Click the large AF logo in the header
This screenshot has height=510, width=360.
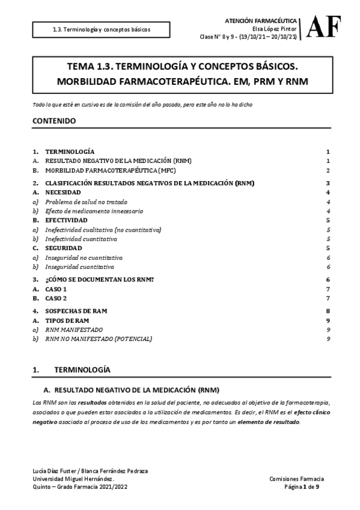point(325,26)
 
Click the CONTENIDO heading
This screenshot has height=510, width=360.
point(54,121)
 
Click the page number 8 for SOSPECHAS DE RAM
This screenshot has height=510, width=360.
point(328,311)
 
